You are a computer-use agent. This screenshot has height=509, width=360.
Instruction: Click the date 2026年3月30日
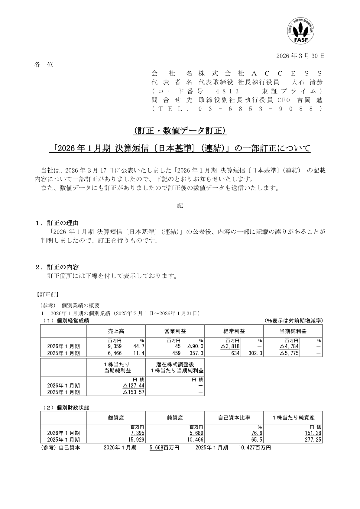tap(301, 56)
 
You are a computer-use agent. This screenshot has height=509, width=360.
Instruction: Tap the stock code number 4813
tap(228, 91)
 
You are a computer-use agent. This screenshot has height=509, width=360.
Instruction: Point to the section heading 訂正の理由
tap(63, 223)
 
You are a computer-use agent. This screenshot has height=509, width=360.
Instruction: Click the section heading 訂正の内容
tap(63, 267)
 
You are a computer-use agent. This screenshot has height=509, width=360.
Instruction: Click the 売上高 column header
tap(116, 331)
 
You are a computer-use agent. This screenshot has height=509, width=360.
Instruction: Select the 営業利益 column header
tap(175, 331)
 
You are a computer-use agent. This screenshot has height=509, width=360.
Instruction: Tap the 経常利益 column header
tap(234, 331)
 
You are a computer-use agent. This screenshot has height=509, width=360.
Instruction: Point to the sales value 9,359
tap(115, 346)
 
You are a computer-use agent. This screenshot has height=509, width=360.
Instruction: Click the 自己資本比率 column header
tap(234, 418)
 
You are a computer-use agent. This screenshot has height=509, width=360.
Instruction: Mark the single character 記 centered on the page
tap(180, 206)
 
